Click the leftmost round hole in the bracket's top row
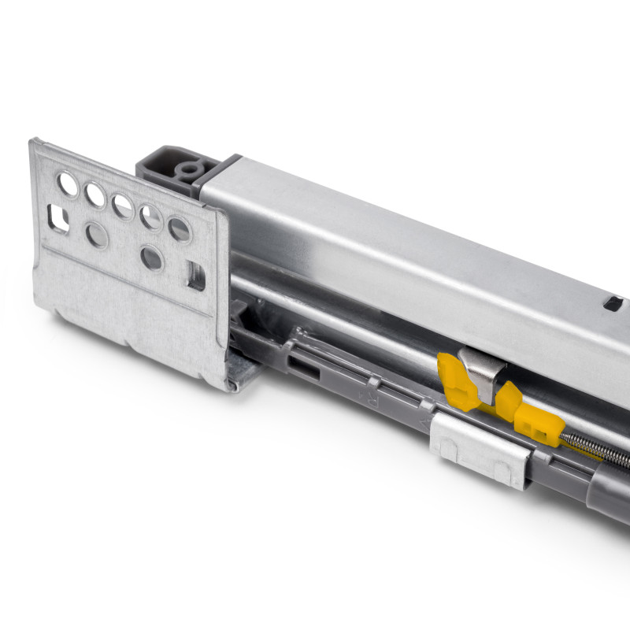pyautogui.click(x=68, y=184)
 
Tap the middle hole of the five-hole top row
pyautogui.click(x=122, y=206)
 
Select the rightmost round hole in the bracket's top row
pyautogui.click(x=180, y=229)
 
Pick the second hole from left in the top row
pyautogui.click(x=95, y=195)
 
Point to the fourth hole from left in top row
pyautogui.click(x=151, y=217)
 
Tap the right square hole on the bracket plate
pyautogui.click(x=196, y=276)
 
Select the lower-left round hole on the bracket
pyautogui.click(x=96, y=234)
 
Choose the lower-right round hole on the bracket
pyautogui.click(x=151, y=258)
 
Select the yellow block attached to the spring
pyautogui.click(x=539, y=427)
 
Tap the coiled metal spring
pyautogui.click(x=595, y=447)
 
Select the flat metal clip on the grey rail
pyautogui.click(x=479, y=451)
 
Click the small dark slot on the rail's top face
pyautogui.click(x=613, y=302)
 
